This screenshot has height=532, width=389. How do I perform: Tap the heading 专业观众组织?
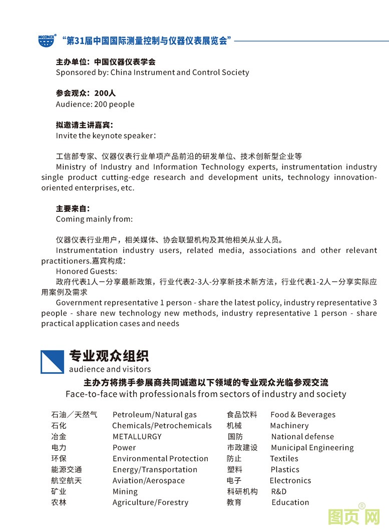[x=109, y=356]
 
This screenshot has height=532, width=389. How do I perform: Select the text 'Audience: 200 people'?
[x=95, y=104]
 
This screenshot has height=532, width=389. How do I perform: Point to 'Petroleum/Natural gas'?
[x=154, y=415]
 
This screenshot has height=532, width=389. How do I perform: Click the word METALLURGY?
[x=137, y=437]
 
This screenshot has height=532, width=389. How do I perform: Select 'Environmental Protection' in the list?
[x=160, y=459]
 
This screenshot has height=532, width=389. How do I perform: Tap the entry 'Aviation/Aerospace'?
[x=148, y=481]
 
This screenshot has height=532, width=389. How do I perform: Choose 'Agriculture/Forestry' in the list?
[x=150, y=503]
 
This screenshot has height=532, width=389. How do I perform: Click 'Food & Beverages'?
[x=303, y=415]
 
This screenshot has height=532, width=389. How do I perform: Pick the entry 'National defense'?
[x=302, y=437]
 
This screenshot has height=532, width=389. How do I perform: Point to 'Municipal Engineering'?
[x=312, y=448]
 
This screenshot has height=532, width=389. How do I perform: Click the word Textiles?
[x=284, y=459]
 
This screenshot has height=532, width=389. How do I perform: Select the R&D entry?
[x=278, y=492]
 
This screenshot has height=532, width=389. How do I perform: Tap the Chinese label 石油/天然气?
[x=74, y=415]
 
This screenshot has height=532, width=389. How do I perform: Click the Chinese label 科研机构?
[x=242, y=492]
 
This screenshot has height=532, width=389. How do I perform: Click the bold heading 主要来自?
[x=73, y=208]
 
